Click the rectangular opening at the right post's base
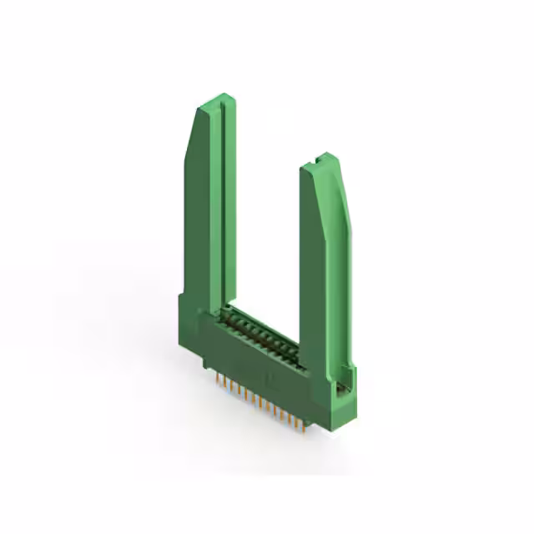coord(340,386)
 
